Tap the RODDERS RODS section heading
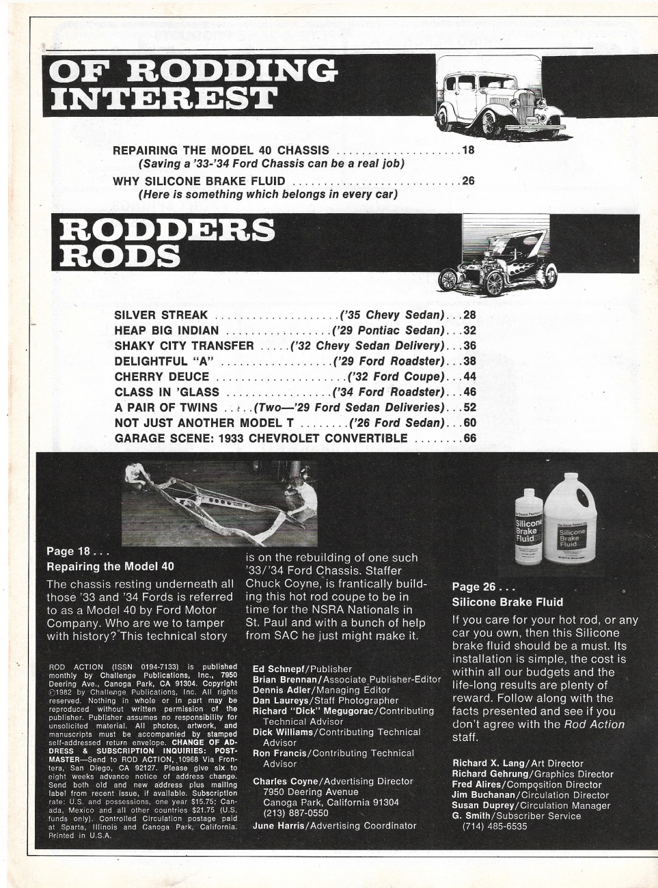pos(167,243)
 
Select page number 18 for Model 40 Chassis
pos(468,150)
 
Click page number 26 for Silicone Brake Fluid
pos(468,181)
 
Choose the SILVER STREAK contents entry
pos(161,315)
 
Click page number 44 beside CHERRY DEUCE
pos(469,377)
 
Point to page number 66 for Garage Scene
pos(469,439)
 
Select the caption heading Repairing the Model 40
pos(110,566)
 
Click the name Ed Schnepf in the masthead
pos(279,669)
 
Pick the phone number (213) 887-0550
pos(296,813)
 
